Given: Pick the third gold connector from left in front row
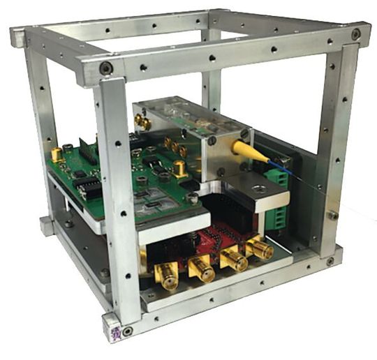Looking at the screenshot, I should [233, 259].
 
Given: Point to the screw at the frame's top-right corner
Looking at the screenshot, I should [356, 33].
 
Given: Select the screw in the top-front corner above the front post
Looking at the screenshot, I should [105, 68].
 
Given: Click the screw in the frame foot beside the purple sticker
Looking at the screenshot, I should [127, 329].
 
